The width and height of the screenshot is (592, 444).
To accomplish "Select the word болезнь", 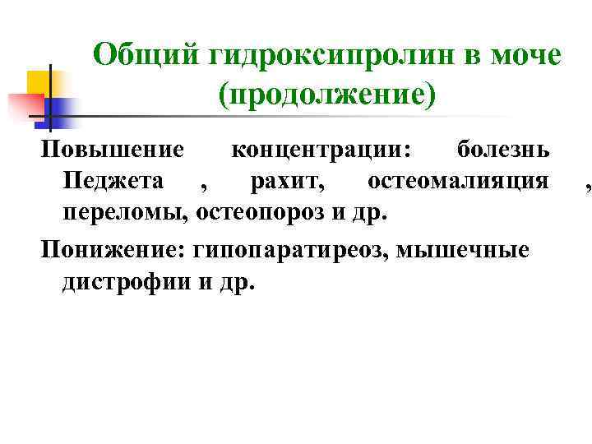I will [x=503, y=150].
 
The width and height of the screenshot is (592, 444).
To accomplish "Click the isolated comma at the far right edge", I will [x=587, y=187].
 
